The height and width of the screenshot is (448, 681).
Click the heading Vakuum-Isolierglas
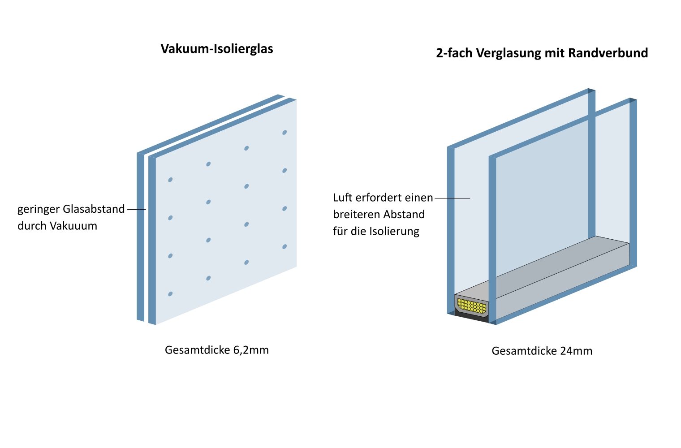(x=217, y=48)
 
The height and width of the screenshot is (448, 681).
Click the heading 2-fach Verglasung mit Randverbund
(x=542, y=53)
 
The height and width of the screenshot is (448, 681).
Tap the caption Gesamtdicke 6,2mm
(x=217, y=350)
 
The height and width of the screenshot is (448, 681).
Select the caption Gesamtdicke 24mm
(x=542, y=351)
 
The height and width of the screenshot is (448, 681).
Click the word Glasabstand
(x=94, y=209)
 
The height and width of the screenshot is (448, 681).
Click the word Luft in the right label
(x=343, y=198)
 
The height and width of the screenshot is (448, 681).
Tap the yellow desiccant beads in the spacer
(x=472, y=306)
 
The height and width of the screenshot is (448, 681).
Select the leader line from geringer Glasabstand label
(x=136, y=209)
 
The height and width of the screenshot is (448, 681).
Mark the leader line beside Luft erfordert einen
(x=452, y=198)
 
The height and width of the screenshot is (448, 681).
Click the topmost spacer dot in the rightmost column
(x=284, y=133)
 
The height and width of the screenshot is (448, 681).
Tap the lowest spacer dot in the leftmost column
(x=170, y=294)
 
